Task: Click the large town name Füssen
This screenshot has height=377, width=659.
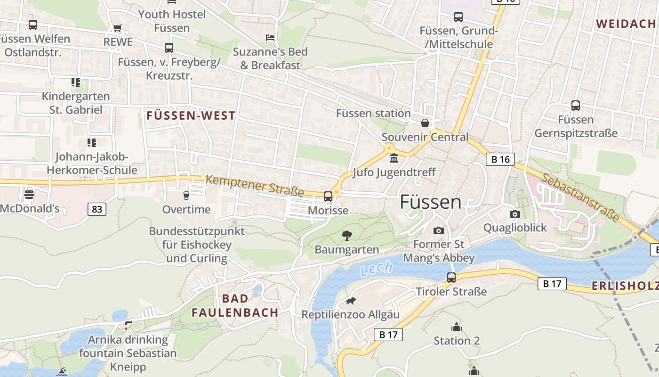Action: coord(431,202)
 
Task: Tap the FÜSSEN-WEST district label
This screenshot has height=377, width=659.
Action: coord(191,115)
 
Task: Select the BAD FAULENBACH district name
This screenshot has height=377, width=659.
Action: coord(235,305)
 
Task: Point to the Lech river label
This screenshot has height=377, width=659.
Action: coord(376,269)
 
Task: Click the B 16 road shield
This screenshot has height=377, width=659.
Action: coord(500,159)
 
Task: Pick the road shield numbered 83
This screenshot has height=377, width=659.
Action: coord(96,209)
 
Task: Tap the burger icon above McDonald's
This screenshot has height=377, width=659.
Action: coord(29,194)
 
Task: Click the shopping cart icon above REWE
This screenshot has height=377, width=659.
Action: coord(118,28)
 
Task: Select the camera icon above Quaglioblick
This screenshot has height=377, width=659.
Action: coord(515,214)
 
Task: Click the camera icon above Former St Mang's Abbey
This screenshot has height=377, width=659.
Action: coord(439,230)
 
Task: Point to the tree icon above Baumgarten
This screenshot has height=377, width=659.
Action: coord(347,235)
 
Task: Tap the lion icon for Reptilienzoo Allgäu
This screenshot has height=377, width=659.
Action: coord(350,301)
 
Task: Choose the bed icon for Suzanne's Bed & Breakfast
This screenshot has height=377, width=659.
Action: coord(270,37)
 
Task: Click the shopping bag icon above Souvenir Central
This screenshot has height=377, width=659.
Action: coord(425,123)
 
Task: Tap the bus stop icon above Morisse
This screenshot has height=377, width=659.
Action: coord(328,197)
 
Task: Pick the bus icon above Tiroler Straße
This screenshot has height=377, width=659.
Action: coord(451,278)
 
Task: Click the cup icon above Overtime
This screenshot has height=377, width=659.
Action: coord(186,195)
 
